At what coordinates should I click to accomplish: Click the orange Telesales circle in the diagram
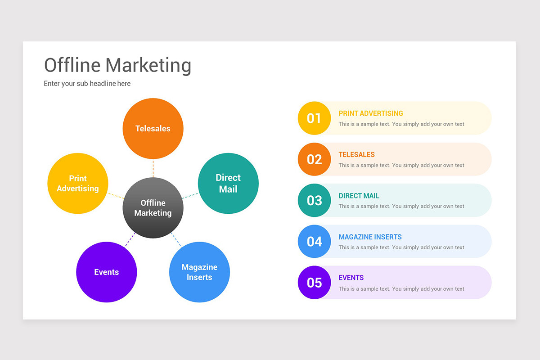[153, 128]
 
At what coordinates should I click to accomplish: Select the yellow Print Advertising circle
[78, 183]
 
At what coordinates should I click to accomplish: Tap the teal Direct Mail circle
[228, 183]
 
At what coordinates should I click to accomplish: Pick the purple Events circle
[107, 272]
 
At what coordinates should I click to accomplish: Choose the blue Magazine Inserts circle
[199, 272]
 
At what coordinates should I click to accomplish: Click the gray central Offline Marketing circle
[153, 208]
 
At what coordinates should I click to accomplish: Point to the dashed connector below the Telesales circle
[153, 168]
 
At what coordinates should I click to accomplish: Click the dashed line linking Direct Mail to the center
[190, 196]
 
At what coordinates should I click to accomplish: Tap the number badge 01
[314, 118]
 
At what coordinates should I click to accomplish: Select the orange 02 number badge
[314, 159]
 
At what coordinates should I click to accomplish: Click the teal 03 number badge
[314, 200]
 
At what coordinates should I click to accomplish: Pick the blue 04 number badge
[314, 242]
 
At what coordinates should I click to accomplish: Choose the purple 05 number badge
[314, 283]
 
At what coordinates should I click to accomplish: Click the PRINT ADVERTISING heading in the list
[371, 113]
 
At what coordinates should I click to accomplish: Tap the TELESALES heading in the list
[356, 154]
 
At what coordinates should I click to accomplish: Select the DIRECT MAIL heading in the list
[359, 196]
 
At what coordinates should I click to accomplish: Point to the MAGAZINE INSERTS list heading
[370, 237]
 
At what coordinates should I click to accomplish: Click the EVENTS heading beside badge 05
[351, 278]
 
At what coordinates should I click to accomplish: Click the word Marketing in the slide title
[148, 65]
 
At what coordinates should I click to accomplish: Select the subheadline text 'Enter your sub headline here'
[87, 83]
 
